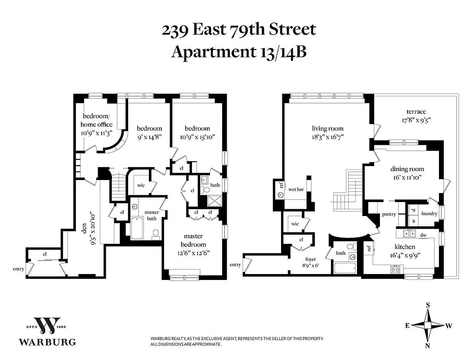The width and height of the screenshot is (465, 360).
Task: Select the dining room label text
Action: (407, 169)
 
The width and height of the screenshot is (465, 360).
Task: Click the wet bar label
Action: (296, 189)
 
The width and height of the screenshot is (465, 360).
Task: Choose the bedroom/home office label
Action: (96, 120)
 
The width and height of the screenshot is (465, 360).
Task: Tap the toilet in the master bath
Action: (156, 234)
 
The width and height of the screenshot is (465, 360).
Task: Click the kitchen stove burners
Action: (395, 269)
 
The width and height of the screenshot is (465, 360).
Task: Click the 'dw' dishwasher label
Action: (423, 234)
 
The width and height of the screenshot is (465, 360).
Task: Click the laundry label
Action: (429, 214)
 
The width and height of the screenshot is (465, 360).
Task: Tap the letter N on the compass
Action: (428, 346)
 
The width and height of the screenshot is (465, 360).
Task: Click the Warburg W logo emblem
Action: (47, 324)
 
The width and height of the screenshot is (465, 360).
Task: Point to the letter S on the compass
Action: (428, 305)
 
